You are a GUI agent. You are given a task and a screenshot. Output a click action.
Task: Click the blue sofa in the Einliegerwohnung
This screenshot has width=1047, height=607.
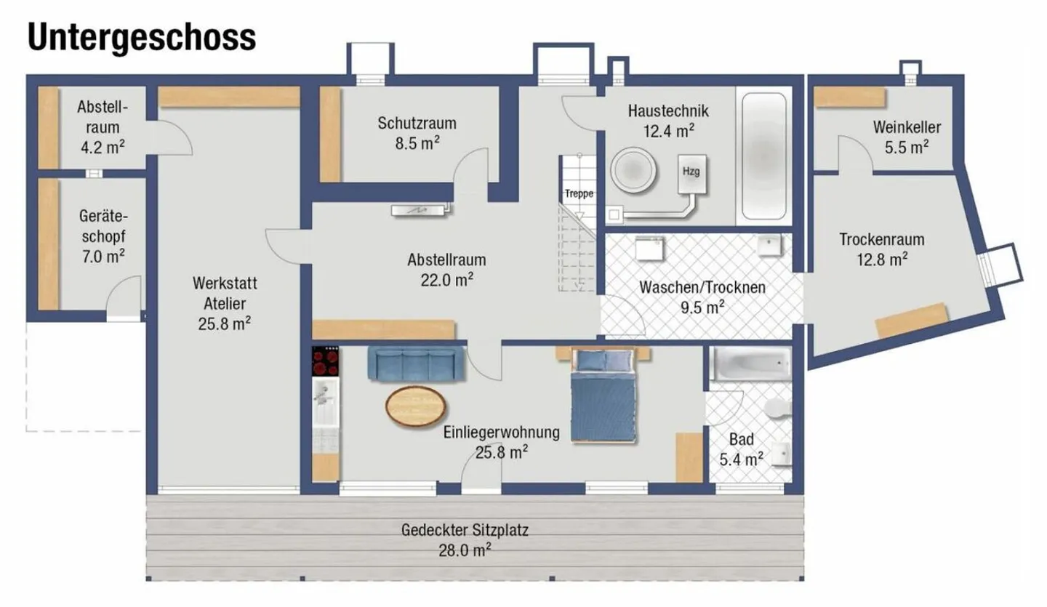[x=416, y=363]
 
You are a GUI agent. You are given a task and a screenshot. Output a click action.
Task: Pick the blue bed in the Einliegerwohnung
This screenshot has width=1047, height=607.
[x=604, y=396]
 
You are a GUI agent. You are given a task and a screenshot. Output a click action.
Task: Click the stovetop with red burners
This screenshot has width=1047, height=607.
[x=326, y=360]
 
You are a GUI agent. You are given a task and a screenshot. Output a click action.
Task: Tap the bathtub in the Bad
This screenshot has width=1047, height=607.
[x=750, y=363]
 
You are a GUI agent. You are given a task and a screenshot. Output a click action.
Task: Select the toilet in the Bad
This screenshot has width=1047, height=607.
[x=777, y=409]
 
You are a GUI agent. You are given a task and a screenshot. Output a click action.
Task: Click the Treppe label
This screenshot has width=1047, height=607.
[x=580, y=194]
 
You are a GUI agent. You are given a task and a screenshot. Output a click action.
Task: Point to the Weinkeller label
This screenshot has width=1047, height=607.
[x=907, y=128]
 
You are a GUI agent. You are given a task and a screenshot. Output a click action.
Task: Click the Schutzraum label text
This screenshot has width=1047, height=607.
[x=417, y=123]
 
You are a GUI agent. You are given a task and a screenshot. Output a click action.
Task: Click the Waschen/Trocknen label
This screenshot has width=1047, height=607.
[x=702, y=287]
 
